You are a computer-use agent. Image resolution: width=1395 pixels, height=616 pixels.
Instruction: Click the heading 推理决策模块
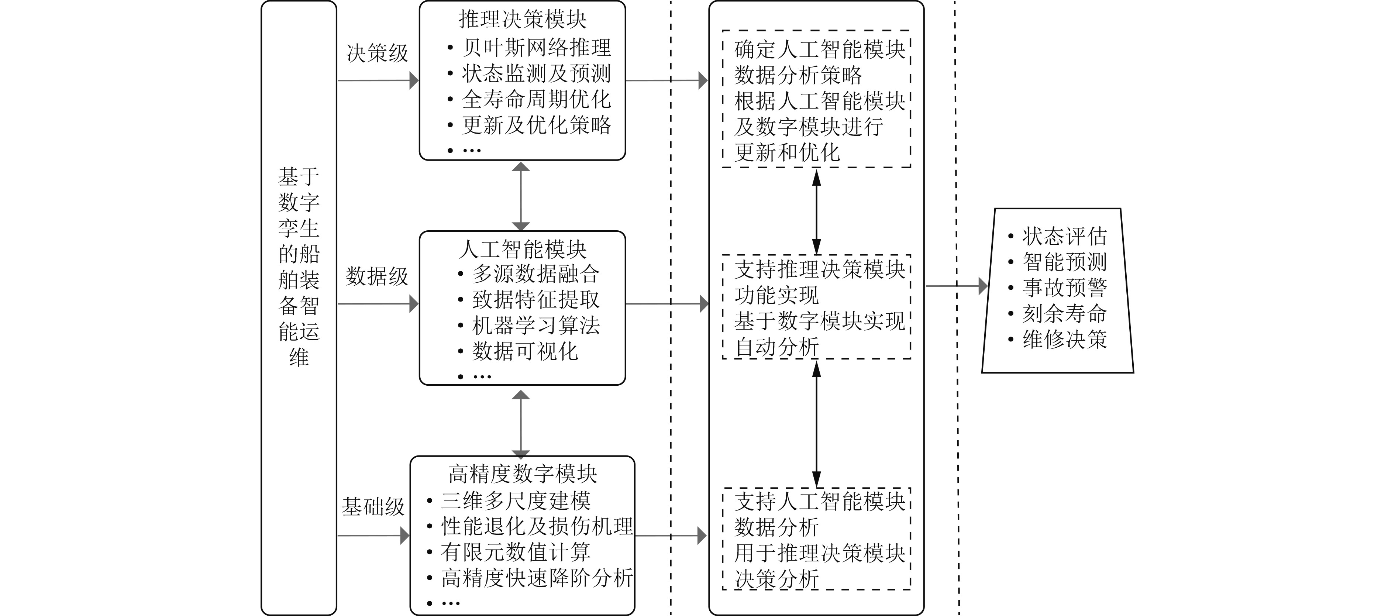523,20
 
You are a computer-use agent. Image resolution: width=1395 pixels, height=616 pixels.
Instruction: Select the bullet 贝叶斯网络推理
536,48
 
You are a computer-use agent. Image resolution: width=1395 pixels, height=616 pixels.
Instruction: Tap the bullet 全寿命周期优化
536,99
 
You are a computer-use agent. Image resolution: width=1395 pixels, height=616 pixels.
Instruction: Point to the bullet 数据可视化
525,351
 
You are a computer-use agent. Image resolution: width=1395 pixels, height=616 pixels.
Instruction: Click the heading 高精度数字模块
523,474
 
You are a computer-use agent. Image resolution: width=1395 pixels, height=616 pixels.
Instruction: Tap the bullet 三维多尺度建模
516,500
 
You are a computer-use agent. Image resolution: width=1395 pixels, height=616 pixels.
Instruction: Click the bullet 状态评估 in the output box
1064,236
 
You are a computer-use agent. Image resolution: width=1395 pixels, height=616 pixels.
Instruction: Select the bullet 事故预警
1064,288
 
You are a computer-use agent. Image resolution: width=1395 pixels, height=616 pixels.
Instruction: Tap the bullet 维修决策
1064,339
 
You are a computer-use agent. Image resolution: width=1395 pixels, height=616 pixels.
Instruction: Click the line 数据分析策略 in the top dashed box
798,75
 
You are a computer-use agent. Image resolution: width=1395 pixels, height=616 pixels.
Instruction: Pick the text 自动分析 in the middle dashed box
776,347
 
